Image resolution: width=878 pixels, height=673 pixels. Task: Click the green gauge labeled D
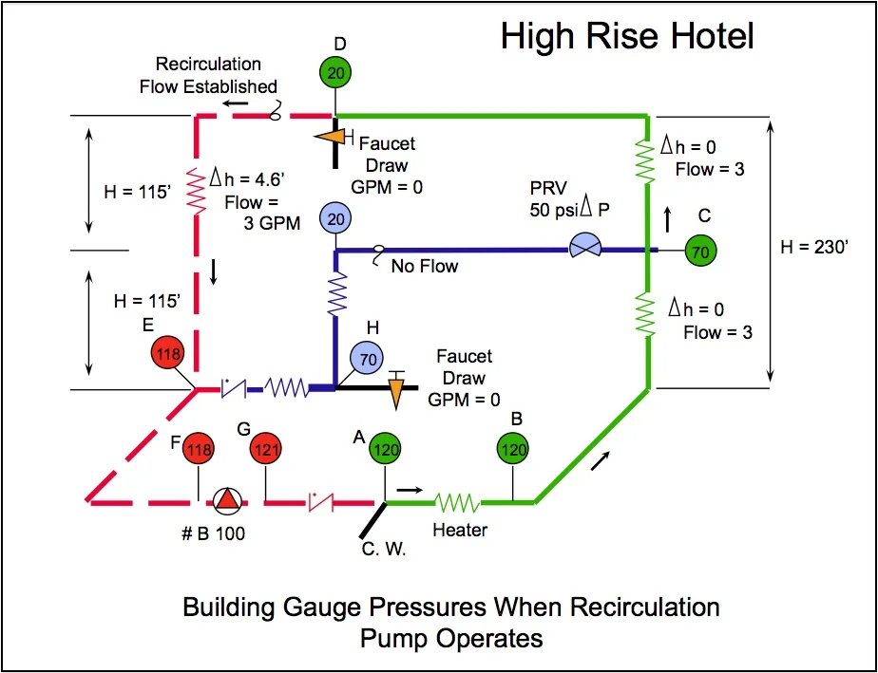tap(334, 73)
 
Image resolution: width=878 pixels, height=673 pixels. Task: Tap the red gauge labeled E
tap(172, 352)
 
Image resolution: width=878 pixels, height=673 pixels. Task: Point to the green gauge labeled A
tap(385, 449)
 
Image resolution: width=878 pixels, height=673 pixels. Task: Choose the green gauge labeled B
tap(514, 449)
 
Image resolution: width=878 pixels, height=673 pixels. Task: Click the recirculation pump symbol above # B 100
tap(226, 500)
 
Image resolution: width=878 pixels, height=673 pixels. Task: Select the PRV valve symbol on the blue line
tap(583, 250)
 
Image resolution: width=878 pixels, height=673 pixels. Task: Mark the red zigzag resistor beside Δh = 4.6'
tap(197, 191)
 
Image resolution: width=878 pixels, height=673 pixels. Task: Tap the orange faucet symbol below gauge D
tap(331, 138)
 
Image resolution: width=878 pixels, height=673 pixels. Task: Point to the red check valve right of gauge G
tap(319, 500)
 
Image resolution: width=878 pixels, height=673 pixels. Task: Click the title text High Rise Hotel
tap(627, 37)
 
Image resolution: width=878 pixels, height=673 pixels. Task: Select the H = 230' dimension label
tap(814, 246)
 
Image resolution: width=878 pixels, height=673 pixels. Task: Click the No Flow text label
tap(424, 267)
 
